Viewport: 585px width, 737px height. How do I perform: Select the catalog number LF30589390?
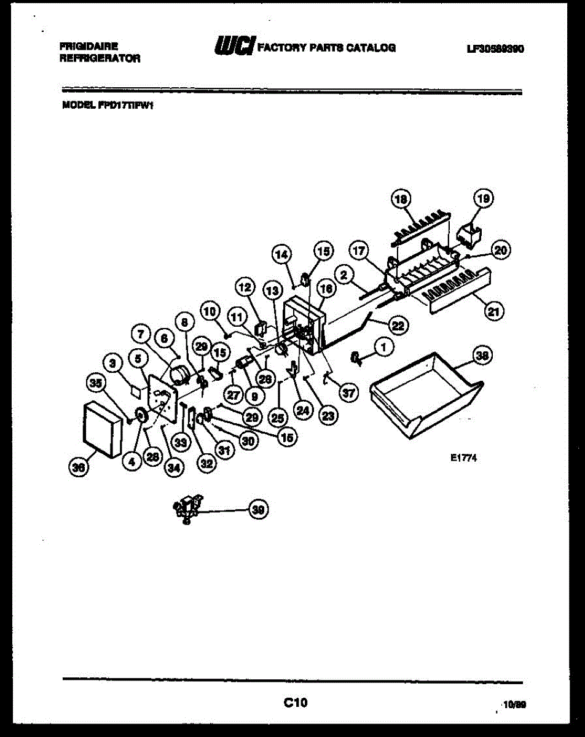(x=495, y=49)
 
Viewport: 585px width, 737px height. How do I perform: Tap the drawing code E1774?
(x=463, y=457)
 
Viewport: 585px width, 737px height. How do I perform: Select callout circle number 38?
(x=484, y=356)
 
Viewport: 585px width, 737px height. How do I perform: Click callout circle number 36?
(x=77, y=467)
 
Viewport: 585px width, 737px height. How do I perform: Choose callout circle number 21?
(x=493, y=311)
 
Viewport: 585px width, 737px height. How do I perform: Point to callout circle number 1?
(x=384, y=348)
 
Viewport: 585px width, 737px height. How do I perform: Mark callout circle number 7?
(x=141, y=334)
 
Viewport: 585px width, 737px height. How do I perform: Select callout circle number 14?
(x=281, y=254)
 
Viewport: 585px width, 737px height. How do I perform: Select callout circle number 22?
(x=398, y=326)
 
